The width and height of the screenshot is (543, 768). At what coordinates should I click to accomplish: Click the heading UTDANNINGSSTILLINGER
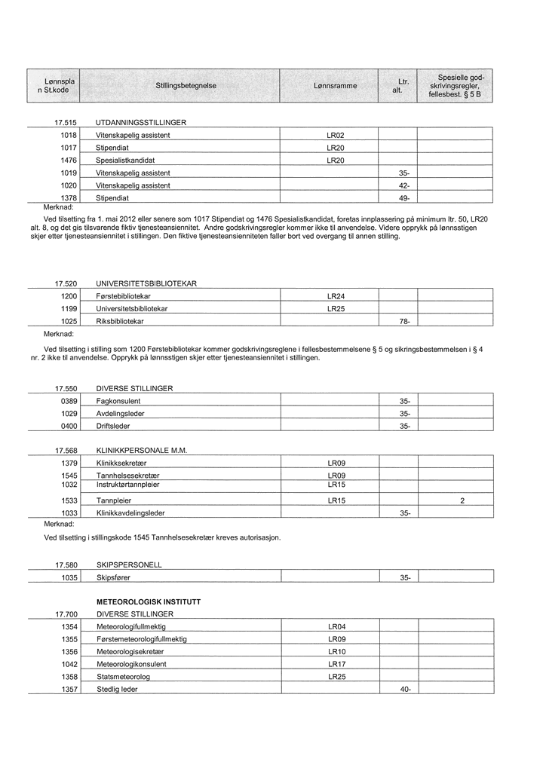(141, 122)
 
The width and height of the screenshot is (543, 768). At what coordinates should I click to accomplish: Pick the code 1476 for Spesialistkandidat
(69, 161)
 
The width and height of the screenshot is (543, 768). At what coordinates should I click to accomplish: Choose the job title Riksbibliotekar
(121, 321)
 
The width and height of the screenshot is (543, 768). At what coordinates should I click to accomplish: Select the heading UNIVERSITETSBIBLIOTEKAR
(146, 283)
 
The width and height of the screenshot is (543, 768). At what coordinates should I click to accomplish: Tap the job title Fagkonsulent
(118, 401)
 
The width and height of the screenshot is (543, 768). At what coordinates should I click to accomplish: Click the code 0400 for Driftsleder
(69, 426)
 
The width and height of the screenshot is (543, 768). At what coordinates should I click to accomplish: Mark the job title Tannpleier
(114, 500)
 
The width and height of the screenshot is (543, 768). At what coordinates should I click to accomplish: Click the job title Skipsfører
(114, 577)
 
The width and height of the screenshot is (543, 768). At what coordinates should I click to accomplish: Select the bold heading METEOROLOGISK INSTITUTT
(149, 602)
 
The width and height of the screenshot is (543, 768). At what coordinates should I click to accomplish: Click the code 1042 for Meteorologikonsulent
(69, 664)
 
